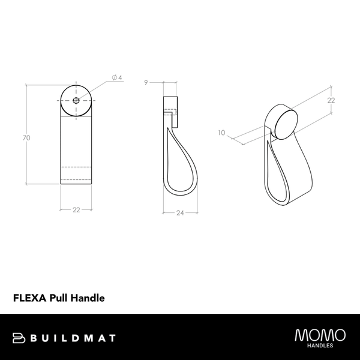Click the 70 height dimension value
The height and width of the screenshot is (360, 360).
26,138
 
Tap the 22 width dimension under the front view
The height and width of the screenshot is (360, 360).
76,209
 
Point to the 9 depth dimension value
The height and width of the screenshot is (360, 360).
146,83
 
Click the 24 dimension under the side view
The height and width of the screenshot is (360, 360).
179,212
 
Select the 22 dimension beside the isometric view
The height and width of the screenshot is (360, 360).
331,101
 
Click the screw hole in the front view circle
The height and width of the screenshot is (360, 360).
76,100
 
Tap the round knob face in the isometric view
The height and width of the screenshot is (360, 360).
286,120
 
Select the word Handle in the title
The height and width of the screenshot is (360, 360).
89,297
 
